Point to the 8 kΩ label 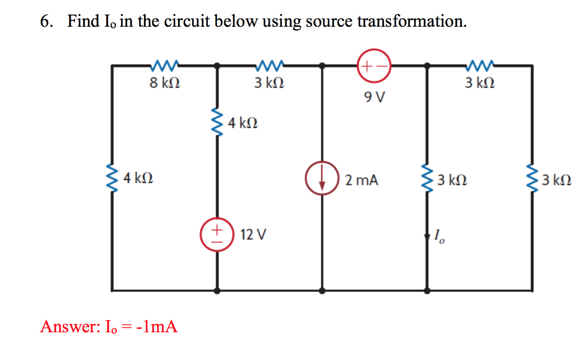(x=165, y=83)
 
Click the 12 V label (x=254, y=235)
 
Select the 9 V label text (x=374, y=97)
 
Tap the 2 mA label (x=361, y=180)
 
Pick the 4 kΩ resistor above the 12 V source (x=217, y=122)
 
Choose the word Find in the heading (x=84, y=21)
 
